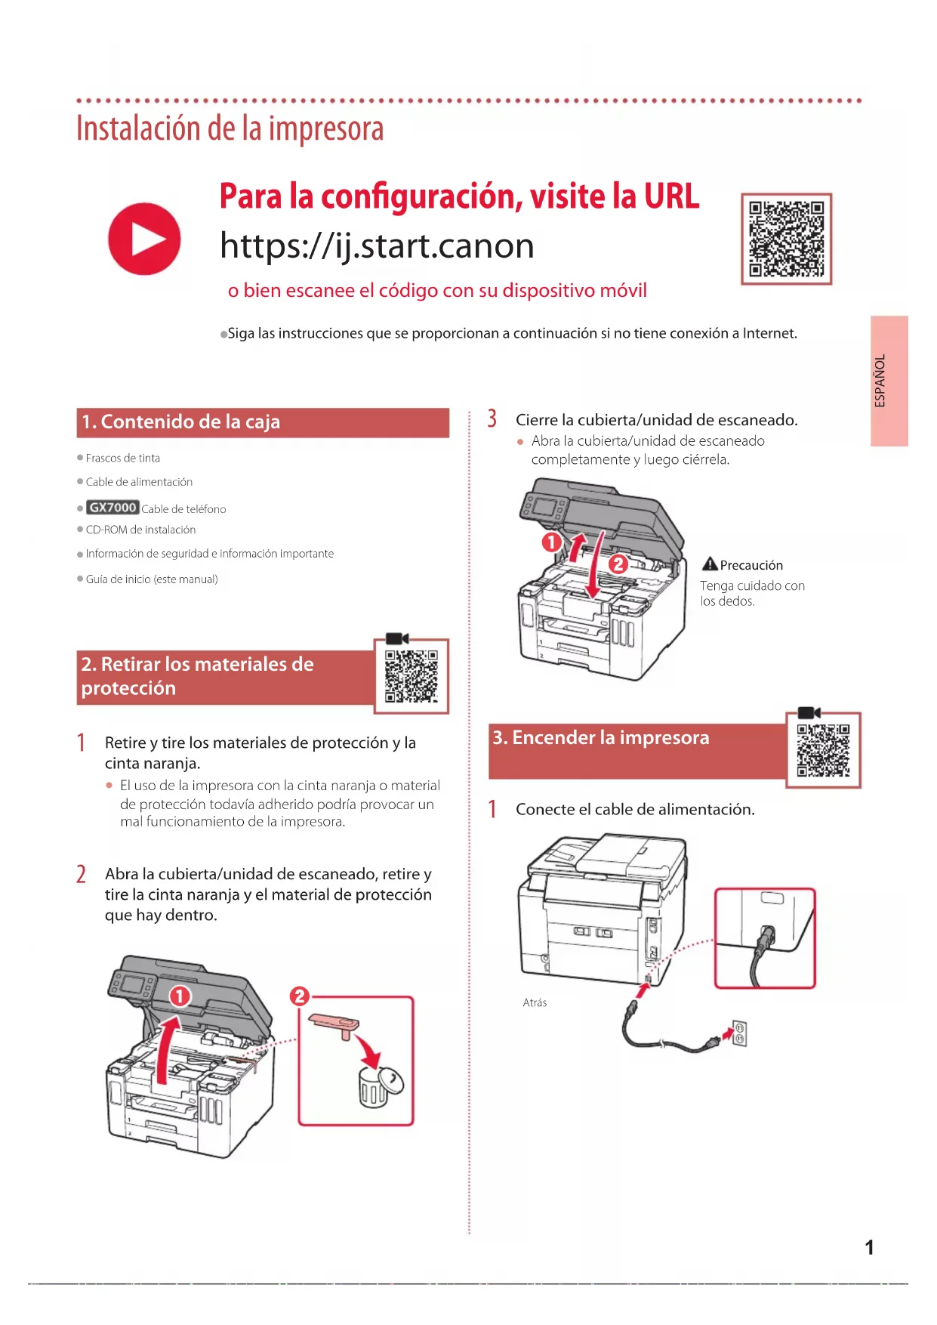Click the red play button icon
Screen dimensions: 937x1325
coord(144,239)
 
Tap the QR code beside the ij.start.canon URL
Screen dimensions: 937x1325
coord(786,239)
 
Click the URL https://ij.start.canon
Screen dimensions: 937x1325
coord(377,246)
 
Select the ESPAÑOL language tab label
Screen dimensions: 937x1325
coord(880,381)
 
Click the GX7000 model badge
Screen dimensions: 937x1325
coord(113,508)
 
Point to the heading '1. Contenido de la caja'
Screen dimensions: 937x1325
coord(181,422)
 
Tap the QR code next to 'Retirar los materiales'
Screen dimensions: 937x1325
coord(411,676)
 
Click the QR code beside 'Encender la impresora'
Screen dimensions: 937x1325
coord(823,750)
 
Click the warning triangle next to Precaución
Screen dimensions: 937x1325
coord(710,564)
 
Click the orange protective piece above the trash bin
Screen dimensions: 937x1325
coord(334,1025)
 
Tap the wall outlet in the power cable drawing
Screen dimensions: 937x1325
coord(739,1033)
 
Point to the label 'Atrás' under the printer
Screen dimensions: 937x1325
coord(535,1002)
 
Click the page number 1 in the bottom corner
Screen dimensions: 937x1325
coord(869,1247)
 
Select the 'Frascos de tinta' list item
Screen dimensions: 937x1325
coord(123,458)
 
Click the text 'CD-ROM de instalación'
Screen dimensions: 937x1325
coord(140,530)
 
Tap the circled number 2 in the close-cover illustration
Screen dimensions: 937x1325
coord(618,564)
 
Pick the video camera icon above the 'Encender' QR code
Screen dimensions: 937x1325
coord(809,712)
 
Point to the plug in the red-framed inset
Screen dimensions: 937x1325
coord(766,937)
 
